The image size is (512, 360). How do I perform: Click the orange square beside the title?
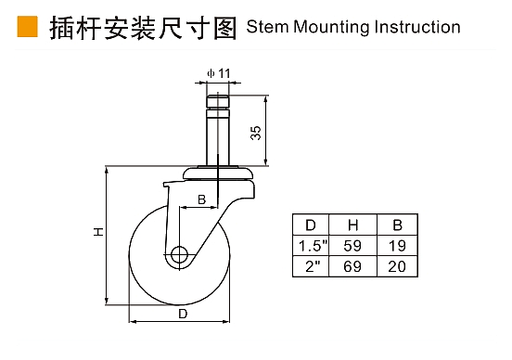click(x=28, y=26)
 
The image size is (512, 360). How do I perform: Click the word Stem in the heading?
click(x=267, y=27)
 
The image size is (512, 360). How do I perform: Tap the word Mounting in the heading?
click(x=331, y=28)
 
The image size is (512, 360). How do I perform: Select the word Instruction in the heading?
click(x=417, y=27)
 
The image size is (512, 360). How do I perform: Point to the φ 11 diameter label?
click(x=219, y=73)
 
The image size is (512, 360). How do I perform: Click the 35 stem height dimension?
click(x=256, y=133)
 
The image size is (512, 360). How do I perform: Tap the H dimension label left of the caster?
click(x=98, y=232)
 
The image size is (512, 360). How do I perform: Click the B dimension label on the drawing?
click(x=202, y=199)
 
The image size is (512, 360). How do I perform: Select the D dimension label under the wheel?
click(x=183, y=314)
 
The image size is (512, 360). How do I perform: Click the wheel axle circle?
click(x=179, y=254)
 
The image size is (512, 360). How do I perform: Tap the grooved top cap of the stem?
click(x=218, y=102)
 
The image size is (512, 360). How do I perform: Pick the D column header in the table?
click(x=311, y=225)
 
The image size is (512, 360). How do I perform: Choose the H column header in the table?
click(x=353, y=225)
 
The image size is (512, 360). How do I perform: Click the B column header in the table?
click(x=397, y=225)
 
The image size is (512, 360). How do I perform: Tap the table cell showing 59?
click(x=352, y=246)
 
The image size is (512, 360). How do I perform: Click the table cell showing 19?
click(x=397, y=246)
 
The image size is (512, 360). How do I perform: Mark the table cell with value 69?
click(x=352, y=266)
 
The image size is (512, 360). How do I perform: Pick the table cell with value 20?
click(x=397, y=266)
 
